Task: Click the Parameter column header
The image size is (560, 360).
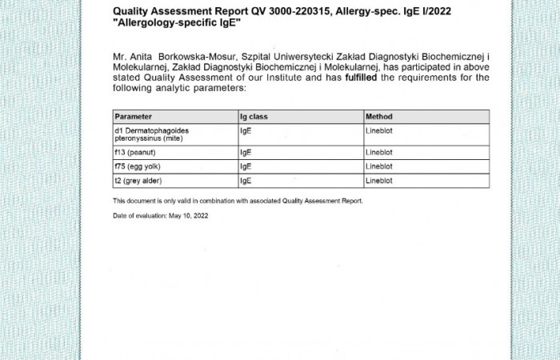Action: [133, 117]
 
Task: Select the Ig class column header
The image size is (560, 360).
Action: [254, 117]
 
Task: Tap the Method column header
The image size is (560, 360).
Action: [378, 117]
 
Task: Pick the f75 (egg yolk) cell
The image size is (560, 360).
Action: [139, 166]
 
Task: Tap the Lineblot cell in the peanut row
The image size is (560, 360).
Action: [379, 151]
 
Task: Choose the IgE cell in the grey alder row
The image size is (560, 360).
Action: [246, 181]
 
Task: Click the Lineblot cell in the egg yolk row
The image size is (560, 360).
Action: [379, 166]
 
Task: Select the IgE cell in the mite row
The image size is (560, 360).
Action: [246, 129]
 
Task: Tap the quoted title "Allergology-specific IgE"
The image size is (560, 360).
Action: [177, 23]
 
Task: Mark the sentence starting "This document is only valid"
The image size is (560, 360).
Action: [238, 201]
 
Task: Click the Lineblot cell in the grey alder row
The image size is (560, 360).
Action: [379, 181]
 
